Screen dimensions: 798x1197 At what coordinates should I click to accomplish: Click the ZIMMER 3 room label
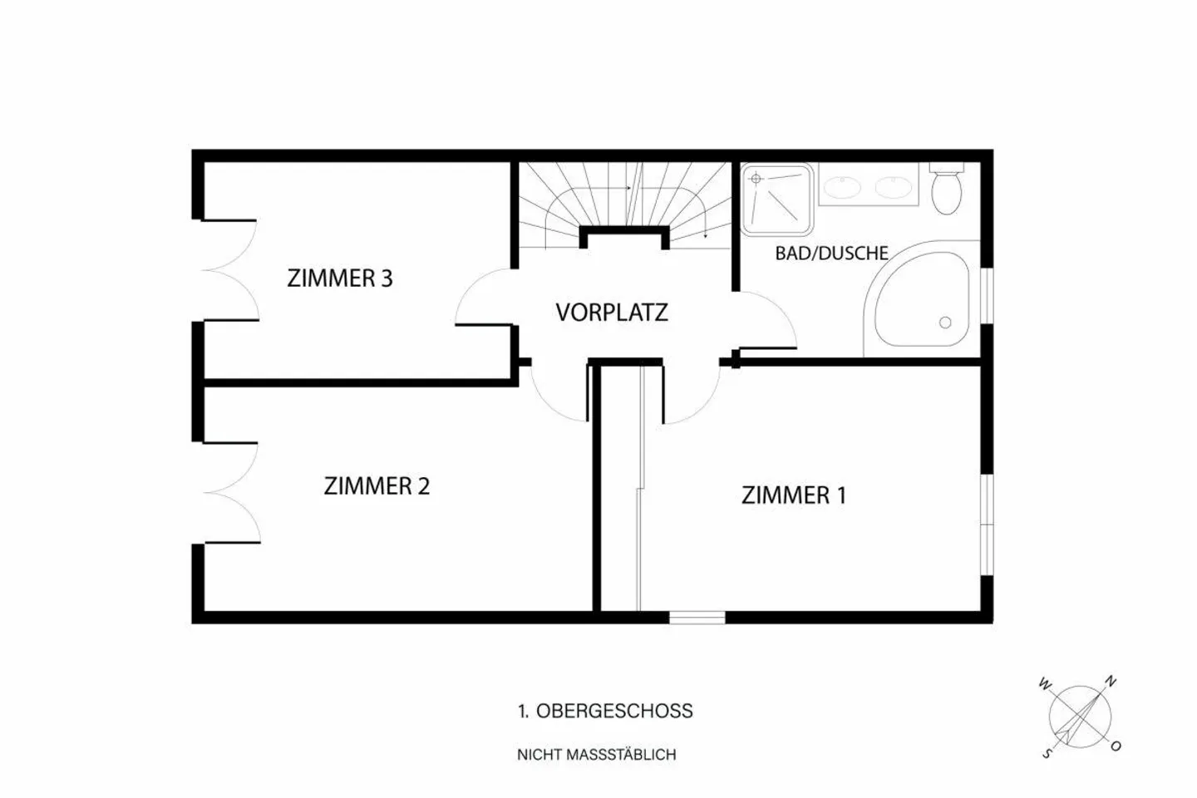coord(339,278)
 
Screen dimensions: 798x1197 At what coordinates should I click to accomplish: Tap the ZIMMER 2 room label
coord(377,485)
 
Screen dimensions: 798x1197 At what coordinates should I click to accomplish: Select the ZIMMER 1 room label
coord(793,495)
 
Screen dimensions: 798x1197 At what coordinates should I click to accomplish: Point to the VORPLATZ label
coord(611,313)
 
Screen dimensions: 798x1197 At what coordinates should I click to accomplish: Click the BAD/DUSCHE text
coord(831,253)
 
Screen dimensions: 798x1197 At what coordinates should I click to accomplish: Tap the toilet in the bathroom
coord(946,190)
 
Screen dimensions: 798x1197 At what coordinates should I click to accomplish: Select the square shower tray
coord(776,198)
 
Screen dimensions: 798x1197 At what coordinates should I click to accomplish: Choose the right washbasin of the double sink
coord(893,186)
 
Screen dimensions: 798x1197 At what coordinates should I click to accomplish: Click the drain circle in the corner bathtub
coord(944,322)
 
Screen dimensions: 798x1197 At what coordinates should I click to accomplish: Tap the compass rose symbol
coord(1080,716)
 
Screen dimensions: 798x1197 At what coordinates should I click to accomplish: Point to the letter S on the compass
coord(1047,754)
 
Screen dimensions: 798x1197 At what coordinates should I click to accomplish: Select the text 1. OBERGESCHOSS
coord(604,711)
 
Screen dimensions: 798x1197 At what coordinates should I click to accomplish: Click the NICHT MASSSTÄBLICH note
coord(596,755)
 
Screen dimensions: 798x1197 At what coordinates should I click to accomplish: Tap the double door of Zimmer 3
coord(229,270)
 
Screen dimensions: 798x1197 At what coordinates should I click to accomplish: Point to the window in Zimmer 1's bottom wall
coord(697,618)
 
